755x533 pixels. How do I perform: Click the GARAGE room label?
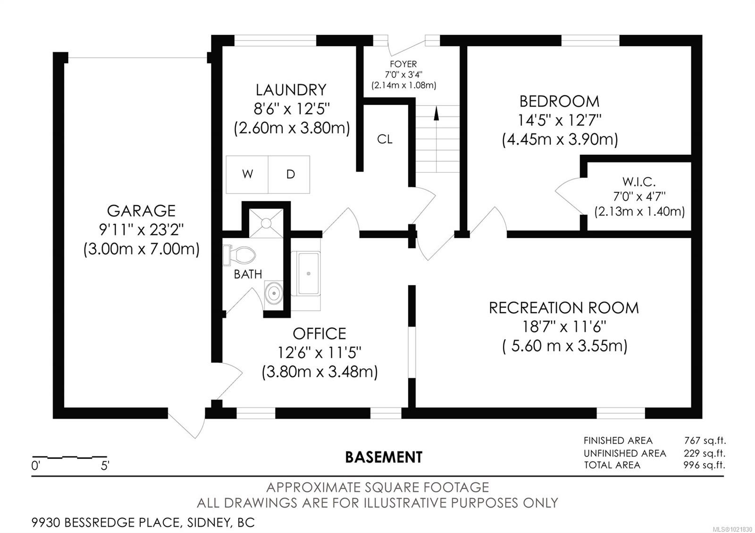tap(141, 210)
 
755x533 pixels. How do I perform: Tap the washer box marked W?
tap(247, 174)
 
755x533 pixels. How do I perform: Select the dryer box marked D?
tap(290, 174)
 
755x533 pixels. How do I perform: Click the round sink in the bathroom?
tap(274, 293)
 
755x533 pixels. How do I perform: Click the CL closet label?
tap(385, 139)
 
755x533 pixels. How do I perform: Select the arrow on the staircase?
tap(436, 113)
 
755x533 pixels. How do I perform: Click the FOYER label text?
tap(403, 64)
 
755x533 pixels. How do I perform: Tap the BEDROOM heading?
tap(559, 101)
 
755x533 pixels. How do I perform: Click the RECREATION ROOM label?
tap(564, 308)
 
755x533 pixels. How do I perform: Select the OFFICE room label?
tap(319, 334)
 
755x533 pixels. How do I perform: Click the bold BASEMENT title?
tap(384, 457)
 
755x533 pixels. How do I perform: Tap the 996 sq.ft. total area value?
tap(704, 465)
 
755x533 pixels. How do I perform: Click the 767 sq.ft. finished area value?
tap(705, 441)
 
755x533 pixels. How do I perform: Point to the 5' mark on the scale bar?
tap(105, 466)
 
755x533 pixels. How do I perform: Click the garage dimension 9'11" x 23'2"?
tap(141, 230)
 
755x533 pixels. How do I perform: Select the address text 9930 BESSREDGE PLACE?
tap(105, 523)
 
